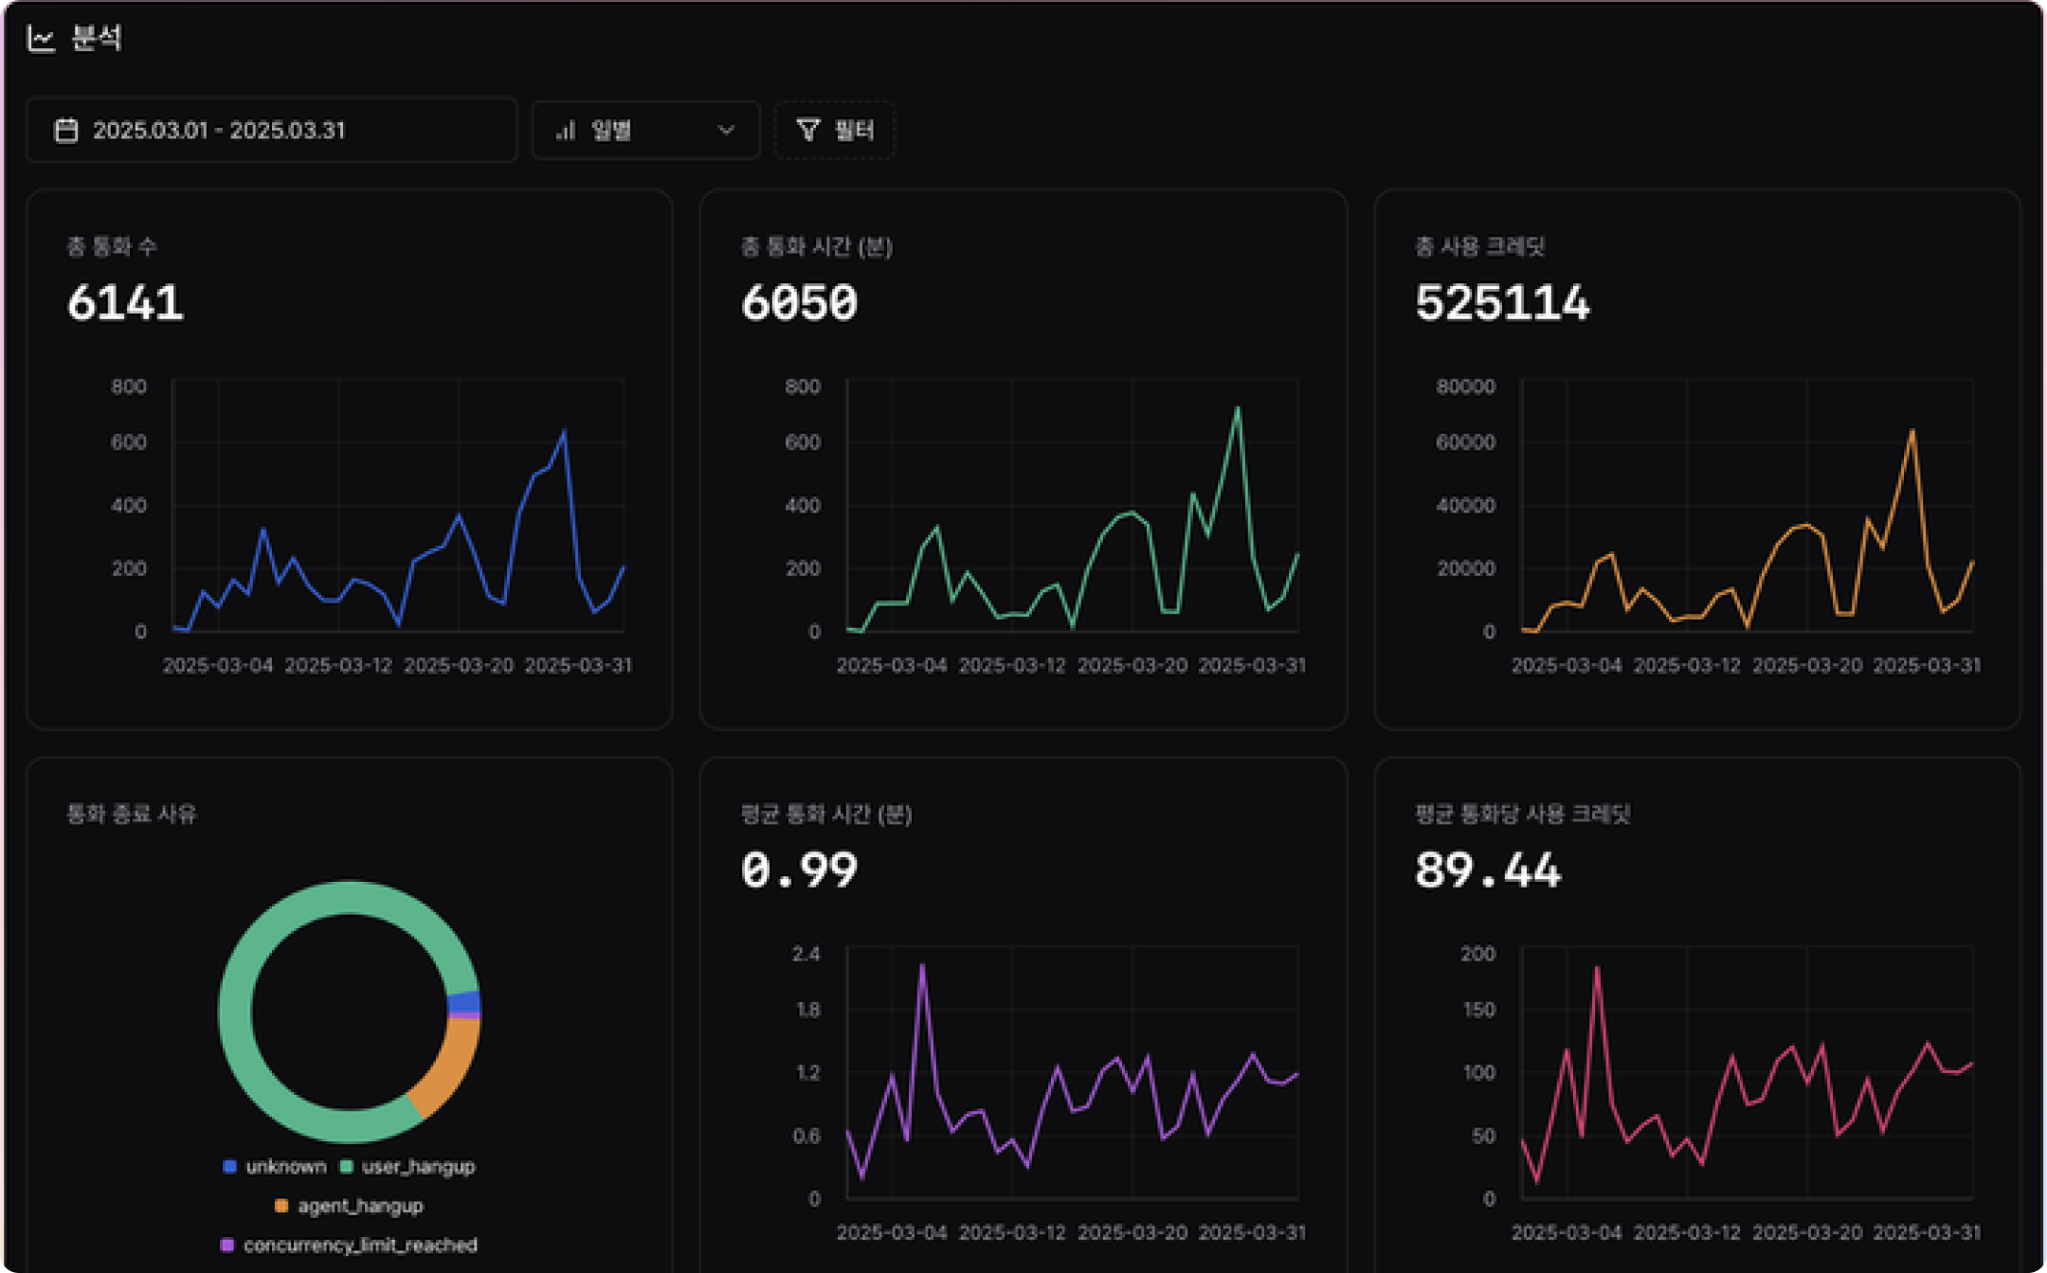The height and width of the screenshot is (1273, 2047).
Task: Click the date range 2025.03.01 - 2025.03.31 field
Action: point(271,131)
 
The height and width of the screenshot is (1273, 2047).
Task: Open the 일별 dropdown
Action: point(645,131)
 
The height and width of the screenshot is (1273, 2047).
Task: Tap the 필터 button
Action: point(835,131)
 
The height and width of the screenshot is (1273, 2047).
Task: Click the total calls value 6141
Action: point(125,304)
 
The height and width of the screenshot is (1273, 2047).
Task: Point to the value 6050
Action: point(799,304)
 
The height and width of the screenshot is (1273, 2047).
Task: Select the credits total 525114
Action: point(1502,304)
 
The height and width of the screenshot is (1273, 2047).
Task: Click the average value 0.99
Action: point(799,870)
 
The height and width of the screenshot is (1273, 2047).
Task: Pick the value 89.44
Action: point(1487,870)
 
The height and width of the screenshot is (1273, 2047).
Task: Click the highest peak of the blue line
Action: point(564,433)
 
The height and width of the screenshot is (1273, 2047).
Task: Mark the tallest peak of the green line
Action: point(1237,409)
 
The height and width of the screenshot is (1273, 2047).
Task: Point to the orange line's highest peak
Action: point(1912,431)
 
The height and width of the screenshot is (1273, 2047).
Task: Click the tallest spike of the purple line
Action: point(922,966)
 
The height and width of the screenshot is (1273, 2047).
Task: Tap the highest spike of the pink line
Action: point(1597,968)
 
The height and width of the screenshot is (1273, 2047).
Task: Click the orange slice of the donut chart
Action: point(448,1068)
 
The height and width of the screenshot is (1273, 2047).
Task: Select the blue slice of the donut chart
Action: point(463,1002)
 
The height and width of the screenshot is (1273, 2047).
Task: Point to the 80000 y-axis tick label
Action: point(1465,386)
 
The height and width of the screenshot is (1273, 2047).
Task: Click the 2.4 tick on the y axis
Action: point(806,954)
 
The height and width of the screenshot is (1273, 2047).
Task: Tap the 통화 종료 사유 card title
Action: point(131,815)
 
